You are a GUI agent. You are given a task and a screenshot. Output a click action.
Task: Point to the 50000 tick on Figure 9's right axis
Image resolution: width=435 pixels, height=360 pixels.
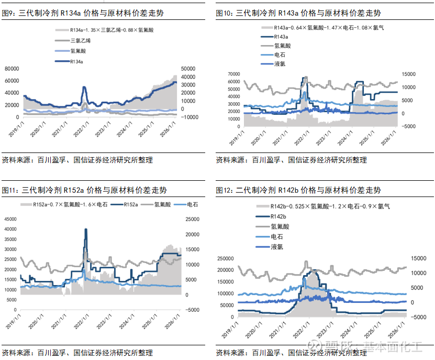187,69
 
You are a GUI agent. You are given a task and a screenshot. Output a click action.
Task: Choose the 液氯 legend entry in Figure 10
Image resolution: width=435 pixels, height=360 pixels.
280,63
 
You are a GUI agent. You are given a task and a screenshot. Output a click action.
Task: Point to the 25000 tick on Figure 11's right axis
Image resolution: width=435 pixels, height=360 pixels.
186,219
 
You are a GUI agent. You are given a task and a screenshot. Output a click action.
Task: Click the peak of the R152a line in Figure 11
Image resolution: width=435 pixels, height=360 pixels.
86,230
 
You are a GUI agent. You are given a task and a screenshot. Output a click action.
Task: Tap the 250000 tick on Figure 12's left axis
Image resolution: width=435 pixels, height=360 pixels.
226,258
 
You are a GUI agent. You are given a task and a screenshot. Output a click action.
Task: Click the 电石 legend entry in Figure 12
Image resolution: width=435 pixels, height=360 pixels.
277,237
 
